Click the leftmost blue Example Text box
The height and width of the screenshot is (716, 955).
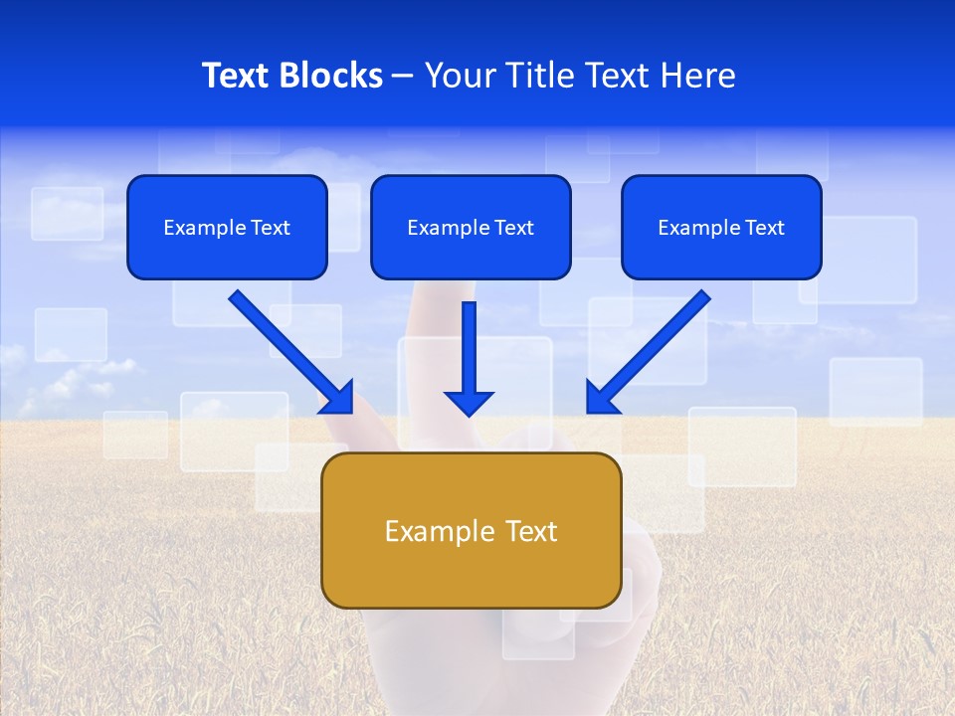pyautogui.click(x=227, y=227)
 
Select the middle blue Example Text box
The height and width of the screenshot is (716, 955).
pyautogui.click(x=471, y=227)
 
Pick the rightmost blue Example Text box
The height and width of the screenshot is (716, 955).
pyautogui.click(x=721, y=227)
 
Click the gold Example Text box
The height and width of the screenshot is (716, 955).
pyautogui.click(x=471, y=530)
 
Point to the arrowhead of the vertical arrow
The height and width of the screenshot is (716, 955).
pyautogui.click(x=469, y=403)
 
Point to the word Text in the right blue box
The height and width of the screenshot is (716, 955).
pyautogui.click(x=763, y=228)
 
